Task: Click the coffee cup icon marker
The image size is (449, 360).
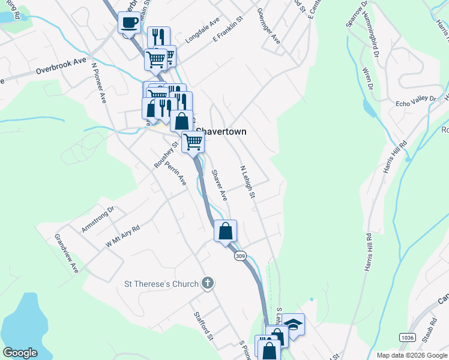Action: (130, 23)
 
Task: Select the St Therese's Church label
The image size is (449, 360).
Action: (161, 283)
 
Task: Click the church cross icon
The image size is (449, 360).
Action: (207, 283)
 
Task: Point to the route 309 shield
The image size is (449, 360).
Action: (241, 256)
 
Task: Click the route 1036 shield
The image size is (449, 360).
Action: (407, 338)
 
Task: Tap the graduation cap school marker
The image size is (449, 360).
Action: (293, 324)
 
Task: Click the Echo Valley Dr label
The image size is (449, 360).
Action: (408, 103)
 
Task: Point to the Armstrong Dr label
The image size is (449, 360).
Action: (98, 220)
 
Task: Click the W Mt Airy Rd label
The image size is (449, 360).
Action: (122, 236)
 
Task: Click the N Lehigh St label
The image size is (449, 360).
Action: (248, 182)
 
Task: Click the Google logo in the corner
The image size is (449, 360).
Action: (20, 353)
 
